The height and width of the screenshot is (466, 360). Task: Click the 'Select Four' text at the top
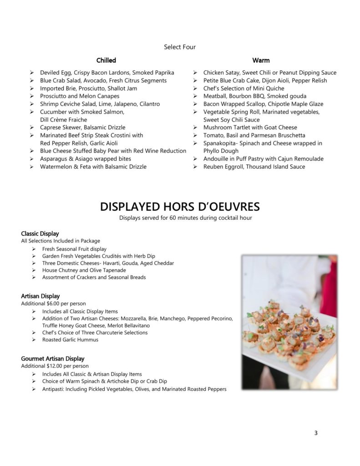[x=180, y=46]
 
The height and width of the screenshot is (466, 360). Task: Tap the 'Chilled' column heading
[x=106, y=60]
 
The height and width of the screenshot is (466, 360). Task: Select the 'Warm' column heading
[x=261, y=60]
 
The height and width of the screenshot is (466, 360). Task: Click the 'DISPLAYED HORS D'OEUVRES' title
[x=180, y=207]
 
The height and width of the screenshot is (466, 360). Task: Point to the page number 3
[x=316, y=433]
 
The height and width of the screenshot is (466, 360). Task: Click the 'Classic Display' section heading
[x=40, y=234]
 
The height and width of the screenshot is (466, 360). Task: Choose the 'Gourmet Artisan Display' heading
[x=53, y=359]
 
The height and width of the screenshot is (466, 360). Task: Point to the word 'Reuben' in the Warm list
[x=213, y=167]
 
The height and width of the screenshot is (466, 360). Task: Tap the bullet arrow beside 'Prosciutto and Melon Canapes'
[x=32, y=96]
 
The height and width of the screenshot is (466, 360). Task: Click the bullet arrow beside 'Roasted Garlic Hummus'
[x=35, y=340]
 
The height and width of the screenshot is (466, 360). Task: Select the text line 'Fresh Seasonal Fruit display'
[x=74, y=249]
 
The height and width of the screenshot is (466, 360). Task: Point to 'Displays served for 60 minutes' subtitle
[x=180, y=218]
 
